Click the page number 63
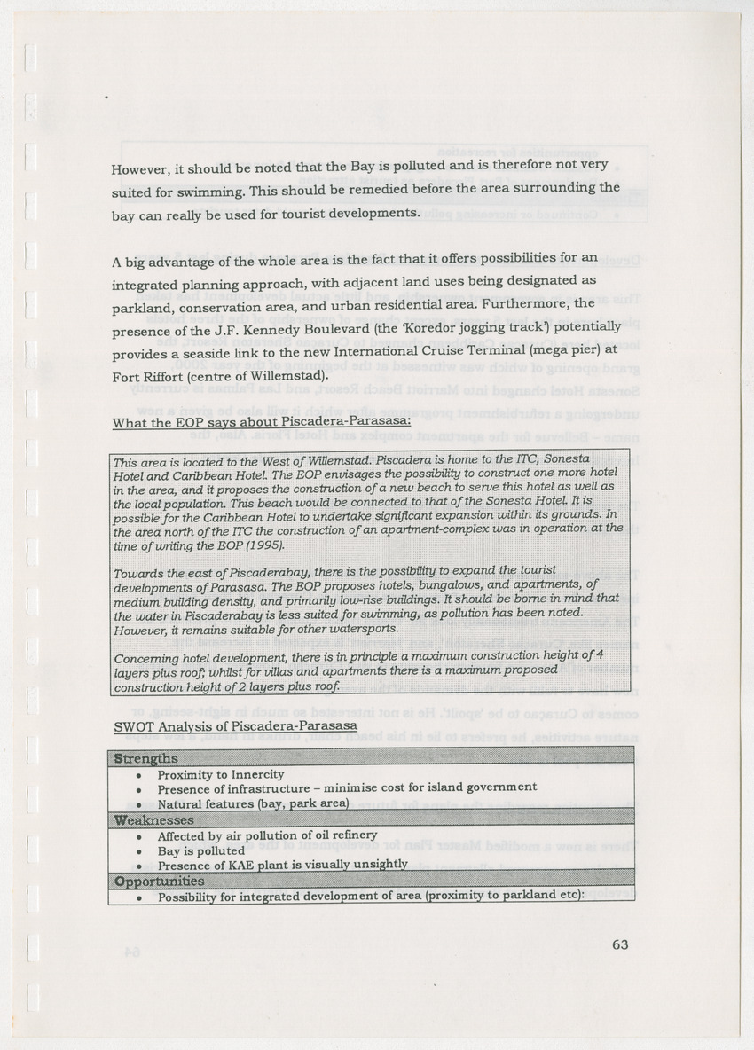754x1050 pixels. tap(620, 944)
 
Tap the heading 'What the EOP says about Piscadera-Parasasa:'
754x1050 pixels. tap(261, 421)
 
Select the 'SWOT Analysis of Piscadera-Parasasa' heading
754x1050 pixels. tap(235, 725)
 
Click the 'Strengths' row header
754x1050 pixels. tap(145, 759)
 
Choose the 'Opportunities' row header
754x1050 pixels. tap(159, 881)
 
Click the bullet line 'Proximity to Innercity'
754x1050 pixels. tap(221, 775)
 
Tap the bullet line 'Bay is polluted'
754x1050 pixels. tap(200, 850)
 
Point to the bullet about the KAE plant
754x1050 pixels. tap(282, 865)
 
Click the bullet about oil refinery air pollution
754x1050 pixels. tap(267, 835)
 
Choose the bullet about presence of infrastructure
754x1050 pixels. tap(347, 788)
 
